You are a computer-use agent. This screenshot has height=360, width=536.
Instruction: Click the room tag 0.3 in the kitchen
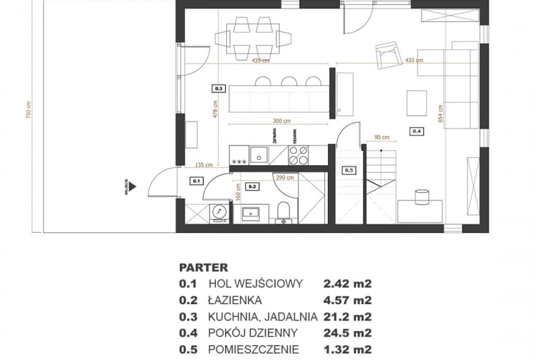point(218,89)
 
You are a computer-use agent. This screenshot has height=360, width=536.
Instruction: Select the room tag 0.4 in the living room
point(416,131)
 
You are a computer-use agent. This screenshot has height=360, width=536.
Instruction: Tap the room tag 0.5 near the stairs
point(349,170)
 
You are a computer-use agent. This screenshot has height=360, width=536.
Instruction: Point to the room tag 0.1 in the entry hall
point(196,181)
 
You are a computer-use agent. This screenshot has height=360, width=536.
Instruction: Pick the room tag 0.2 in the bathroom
point(253,186)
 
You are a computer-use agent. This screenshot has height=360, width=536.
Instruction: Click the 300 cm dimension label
point(282,121)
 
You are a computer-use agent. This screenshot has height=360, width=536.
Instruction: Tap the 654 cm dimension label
point(440,114)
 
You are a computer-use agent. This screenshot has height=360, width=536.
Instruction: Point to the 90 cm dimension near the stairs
point(382,138)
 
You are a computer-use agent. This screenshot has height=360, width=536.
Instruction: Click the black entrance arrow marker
point(132,187)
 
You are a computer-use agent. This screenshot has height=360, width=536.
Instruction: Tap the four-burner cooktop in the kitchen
point(298,154)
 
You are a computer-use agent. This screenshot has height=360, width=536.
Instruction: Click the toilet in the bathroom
point(284,212)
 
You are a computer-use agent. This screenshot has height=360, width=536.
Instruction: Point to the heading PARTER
point(204,268)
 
